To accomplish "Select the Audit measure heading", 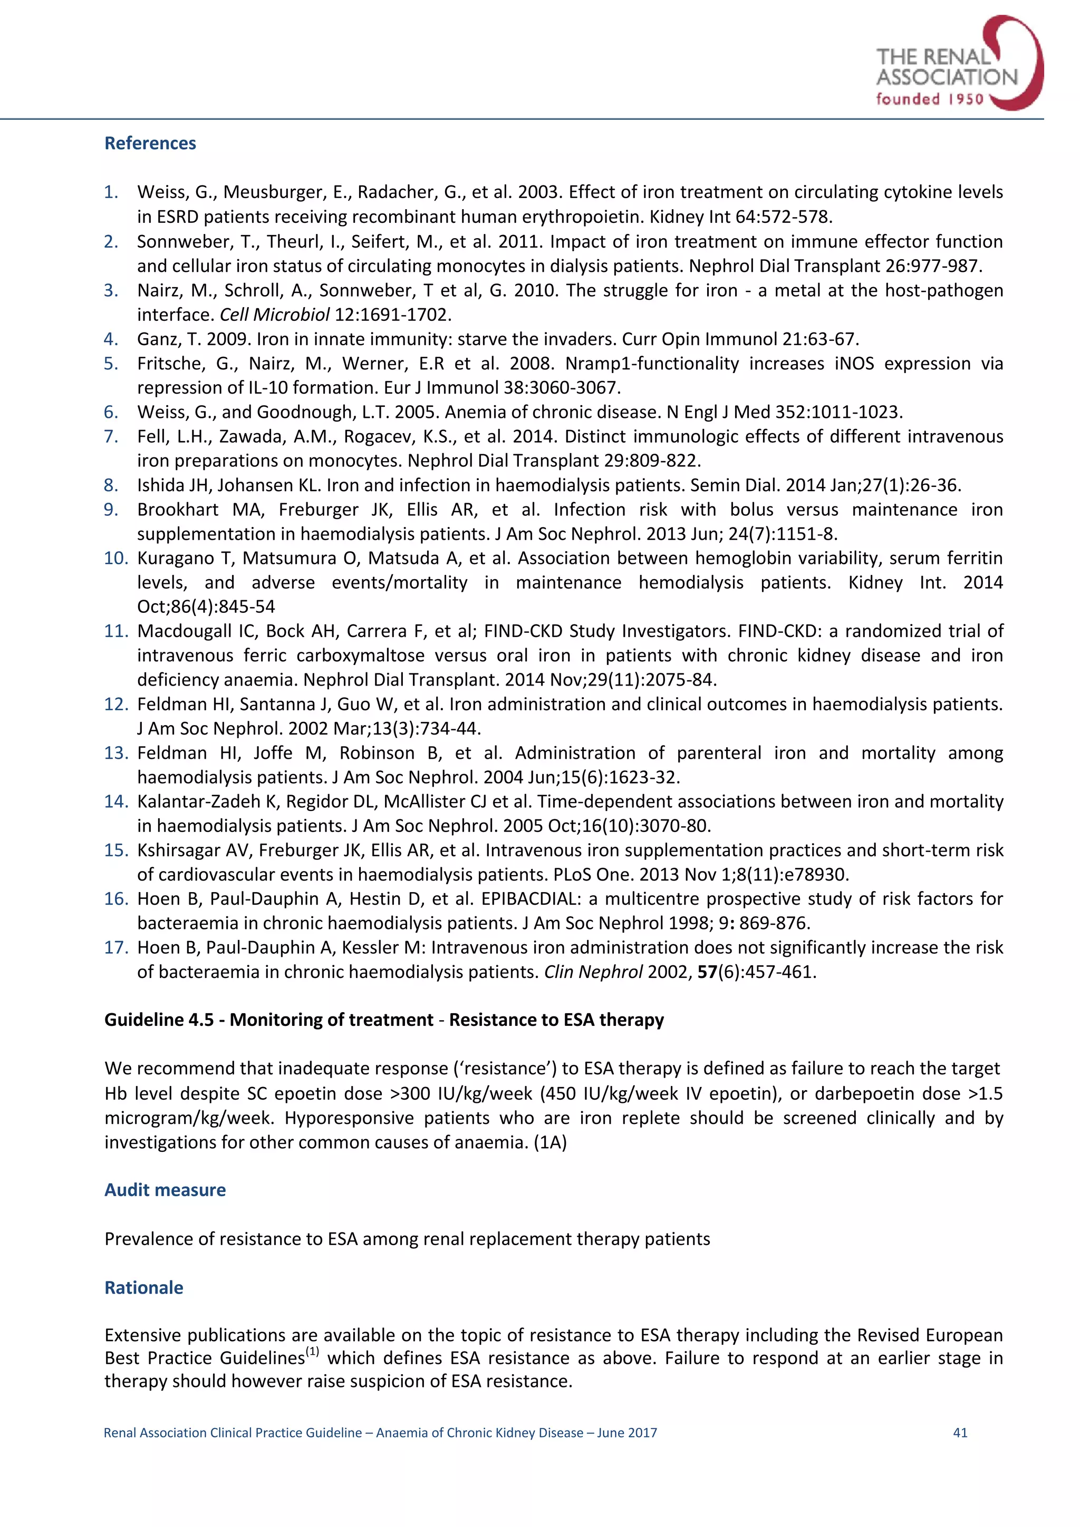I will [x=165, y=1190].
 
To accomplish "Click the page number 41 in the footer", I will [x=960, y=1433].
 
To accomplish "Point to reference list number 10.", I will [x=116, y=558].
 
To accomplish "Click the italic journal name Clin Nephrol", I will [x=593, y=972].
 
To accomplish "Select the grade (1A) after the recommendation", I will [x=549, y=1142].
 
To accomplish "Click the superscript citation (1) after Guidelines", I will [x=312, y=1352].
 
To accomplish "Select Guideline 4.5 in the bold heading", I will [x=158, y=1020].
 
